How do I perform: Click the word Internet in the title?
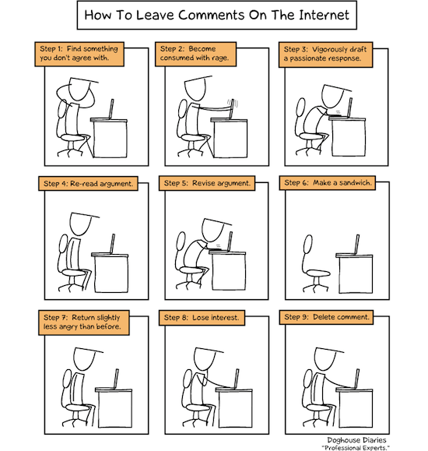point(324,15)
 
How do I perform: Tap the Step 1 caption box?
point(79,54)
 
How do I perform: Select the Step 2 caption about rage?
point(196,54)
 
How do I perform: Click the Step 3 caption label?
point(326,55)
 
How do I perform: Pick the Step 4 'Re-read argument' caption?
point(88,184)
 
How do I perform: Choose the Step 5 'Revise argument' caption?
point(207,183)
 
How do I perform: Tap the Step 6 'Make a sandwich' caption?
point(328,183)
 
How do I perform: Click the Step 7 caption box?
point(84,322)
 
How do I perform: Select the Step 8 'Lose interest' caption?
point(202,318)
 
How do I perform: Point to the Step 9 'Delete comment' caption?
point(326,317)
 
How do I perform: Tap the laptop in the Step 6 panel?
point(356,245)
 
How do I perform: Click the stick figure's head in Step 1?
point(80,89)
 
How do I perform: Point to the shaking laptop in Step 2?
point(232,109)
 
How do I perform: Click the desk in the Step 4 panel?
point(110,273)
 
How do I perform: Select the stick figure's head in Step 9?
point(325,358)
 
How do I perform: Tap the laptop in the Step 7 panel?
point(116,379)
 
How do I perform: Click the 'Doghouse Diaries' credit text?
point(356,440)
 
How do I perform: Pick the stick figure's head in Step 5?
point(212,230)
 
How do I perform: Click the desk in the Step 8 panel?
point(234,407)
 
